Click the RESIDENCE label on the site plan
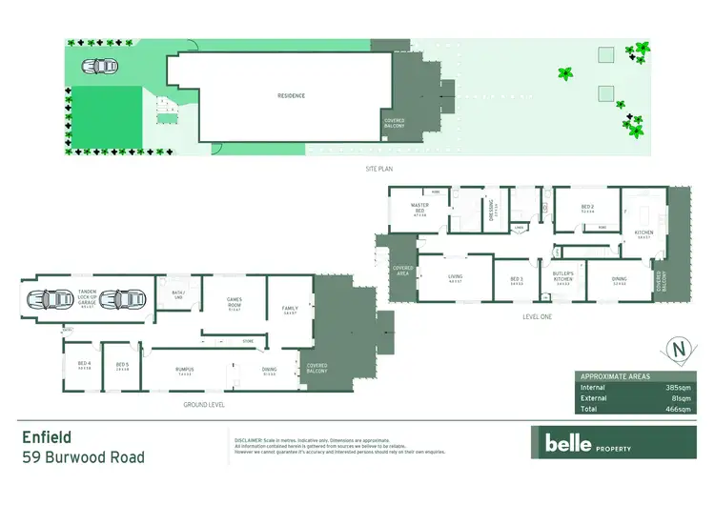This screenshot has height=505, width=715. pos(291,96)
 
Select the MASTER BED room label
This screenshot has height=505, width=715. pos(419,208)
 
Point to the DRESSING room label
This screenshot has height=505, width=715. pos(492,207)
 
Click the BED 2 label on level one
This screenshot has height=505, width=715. pos(587,208)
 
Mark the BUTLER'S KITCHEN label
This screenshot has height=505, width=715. pos(562,277)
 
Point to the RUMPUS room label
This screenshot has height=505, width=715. pos(185,370)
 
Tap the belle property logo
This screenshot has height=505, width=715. pos(582,442)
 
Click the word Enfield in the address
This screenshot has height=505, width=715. pos(49,437)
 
